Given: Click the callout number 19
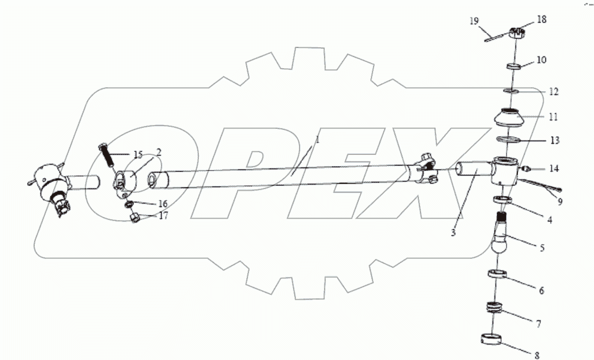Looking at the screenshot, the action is pyautogui.click(x=473, y=21).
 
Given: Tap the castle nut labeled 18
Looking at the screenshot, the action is pyautogui.click(x=519, y=34).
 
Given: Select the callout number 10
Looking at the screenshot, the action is pyautogui.click(x=541, y=60).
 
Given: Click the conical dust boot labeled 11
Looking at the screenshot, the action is pyautogui.click(x=509, y=120).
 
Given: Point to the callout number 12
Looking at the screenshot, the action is pyautogui.click(x=540, y=92).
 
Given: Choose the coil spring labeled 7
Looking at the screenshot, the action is pyautogui.click(x=499, y=309).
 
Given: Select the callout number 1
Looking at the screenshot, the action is pyautogui.click(x=317, y=141).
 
